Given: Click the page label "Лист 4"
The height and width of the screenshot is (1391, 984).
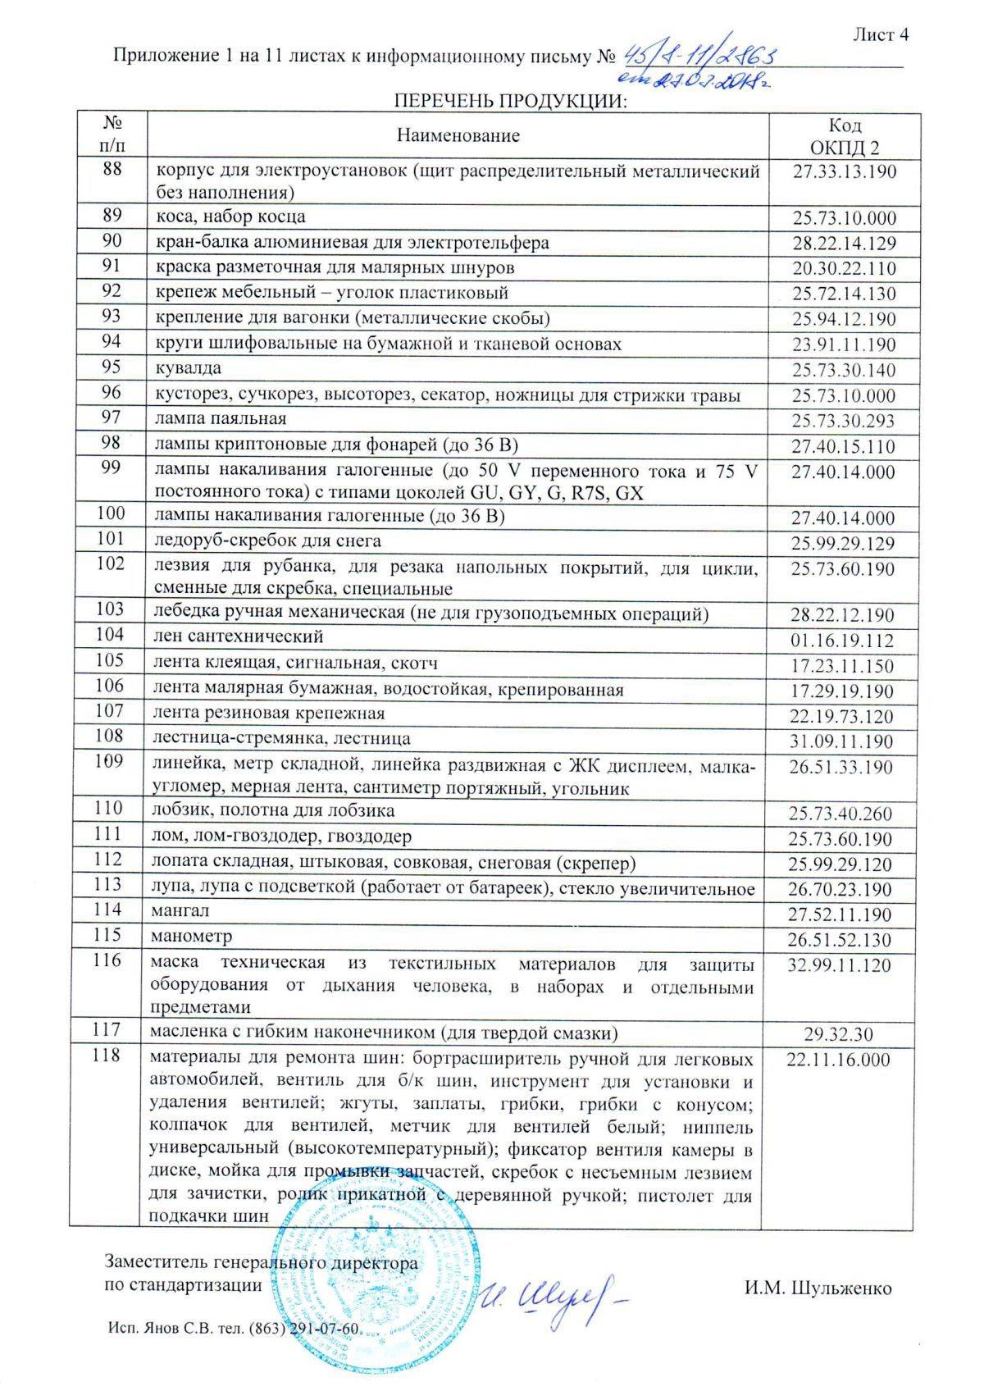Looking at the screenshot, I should (x=880, y=34).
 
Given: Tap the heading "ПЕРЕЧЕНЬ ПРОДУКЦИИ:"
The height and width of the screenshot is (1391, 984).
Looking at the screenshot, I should (x=509, y=101).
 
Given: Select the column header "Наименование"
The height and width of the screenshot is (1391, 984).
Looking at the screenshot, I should (x=458, y=136).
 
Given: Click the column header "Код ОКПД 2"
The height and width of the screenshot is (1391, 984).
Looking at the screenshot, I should (x=844, y=136).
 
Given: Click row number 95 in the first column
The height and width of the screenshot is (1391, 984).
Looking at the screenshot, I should (x=112, y=367).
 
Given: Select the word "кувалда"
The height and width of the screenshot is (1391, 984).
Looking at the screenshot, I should (x=188, y=368).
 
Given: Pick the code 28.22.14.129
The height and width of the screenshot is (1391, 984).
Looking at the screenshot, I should (x=844, y=244).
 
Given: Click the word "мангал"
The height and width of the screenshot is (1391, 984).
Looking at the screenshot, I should (x=180, y=910).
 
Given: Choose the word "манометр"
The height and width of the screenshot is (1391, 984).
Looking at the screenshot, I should (x=192, y=936).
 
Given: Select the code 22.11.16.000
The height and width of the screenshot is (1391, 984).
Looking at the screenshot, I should (x=838, y=1060).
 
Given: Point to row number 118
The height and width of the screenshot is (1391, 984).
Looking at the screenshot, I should (x=107, y=1056).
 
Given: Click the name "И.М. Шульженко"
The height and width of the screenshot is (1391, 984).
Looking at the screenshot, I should (x=818, y=1288).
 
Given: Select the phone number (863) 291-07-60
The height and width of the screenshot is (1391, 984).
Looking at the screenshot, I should (x=304, y=1329).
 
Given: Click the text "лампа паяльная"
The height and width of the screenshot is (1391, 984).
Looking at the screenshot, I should (x=221, y=419).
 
